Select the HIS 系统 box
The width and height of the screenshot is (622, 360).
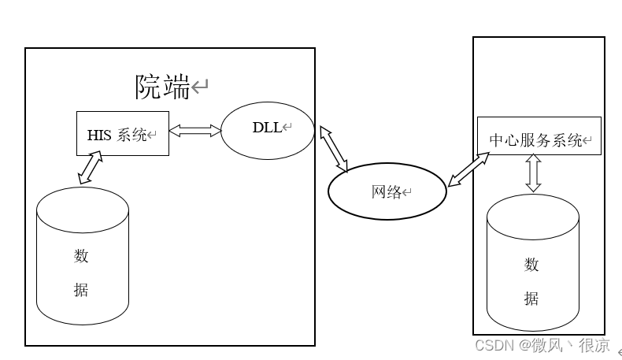pos(122,133)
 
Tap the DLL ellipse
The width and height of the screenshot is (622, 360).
pos(268,129)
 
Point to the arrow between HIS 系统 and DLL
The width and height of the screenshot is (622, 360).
pos(195,132)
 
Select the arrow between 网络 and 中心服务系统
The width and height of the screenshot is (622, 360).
pos(468,169)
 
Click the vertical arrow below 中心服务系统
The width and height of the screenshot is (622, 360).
pos(534,173)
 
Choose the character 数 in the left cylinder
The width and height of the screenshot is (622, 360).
pos(81,256)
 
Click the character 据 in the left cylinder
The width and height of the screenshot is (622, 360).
pos(81,290)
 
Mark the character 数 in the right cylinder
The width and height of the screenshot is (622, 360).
pos(532,265)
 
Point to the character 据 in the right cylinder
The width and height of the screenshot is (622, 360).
pos(532,299)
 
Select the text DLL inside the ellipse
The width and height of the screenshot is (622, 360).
pos(266,128)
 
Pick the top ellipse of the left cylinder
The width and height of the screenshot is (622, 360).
pos(82,202)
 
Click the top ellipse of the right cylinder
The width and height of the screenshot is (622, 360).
pos(533,212)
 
